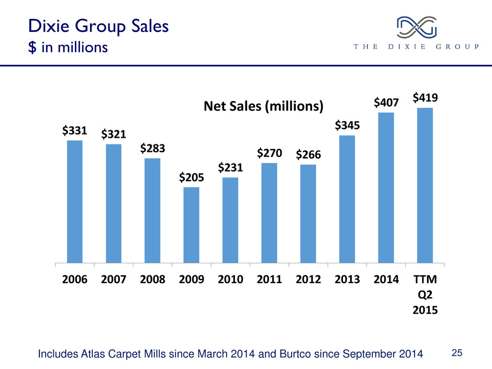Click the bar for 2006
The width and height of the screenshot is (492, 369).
click(x=75, y=202)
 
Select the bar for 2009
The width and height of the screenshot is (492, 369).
click(x=192, y=225)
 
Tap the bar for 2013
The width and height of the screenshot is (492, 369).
click(x=347, y=199)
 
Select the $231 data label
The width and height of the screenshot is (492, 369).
click(x=230, y=167)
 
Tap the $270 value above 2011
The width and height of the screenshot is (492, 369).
click(x=270, y=153)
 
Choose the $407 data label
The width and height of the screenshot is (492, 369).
click(x=386, y=102)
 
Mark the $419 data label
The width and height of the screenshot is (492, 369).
click(x=425, y=97)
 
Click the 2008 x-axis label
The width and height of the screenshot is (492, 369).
click(x=152, y=278)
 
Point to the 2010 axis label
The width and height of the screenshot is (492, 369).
click(x=230, y=278)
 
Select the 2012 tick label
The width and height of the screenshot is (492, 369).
click(x=308, y=278)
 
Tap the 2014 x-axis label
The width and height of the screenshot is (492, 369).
click(x=386, y=278)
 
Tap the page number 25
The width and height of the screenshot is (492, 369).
click(x=457, y=354)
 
